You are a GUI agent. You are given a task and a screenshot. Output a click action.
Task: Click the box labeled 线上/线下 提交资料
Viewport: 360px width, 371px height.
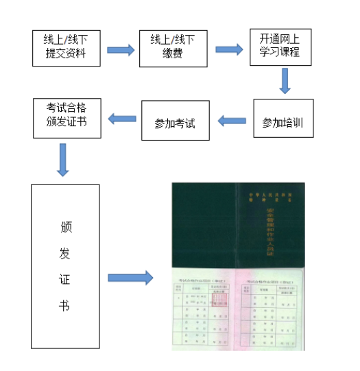coord(66,48)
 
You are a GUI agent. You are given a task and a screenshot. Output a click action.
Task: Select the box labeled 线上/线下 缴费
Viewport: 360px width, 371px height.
coord(173,48)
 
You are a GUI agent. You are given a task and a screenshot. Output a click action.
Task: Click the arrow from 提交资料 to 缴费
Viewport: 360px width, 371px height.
coord(121,50)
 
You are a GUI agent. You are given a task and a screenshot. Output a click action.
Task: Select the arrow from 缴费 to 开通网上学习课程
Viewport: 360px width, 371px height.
coord(229,49)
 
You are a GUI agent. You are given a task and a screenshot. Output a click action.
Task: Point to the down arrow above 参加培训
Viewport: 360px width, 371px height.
coord(285,81)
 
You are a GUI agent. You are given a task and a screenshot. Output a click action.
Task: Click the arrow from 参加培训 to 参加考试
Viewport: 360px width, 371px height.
coord(232,121)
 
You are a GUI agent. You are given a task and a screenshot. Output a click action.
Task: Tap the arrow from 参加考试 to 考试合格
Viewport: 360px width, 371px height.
coord(123,119)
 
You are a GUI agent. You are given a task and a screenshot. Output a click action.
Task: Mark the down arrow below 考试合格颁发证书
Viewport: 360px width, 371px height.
coord(63,159)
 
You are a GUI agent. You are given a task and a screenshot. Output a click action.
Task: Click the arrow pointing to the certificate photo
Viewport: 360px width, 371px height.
coord(130,278)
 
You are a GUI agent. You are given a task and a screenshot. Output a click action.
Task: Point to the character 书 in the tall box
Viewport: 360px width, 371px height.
coord(65,306)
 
